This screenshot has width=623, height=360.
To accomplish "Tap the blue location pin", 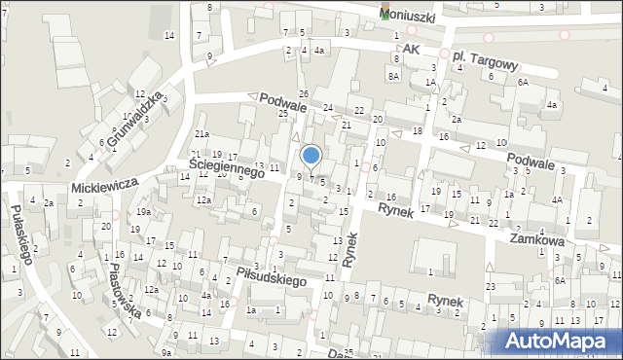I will [311, 156].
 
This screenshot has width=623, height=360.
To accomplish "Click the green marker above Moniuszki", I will [387, 10].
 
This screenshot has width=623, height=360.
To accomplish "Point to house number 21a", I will [202, 133].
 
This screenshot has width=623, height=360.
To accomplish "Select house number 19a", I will [143, 212].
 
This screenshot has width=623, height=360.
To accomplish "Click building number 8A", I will [394, 76].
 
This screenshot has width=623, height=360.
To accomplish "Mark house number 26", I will [304, 93].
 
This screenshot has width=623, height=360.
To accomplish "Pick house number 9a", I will [166, 352].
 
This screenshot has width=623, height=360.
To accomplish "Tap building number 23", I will [491, 286].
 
